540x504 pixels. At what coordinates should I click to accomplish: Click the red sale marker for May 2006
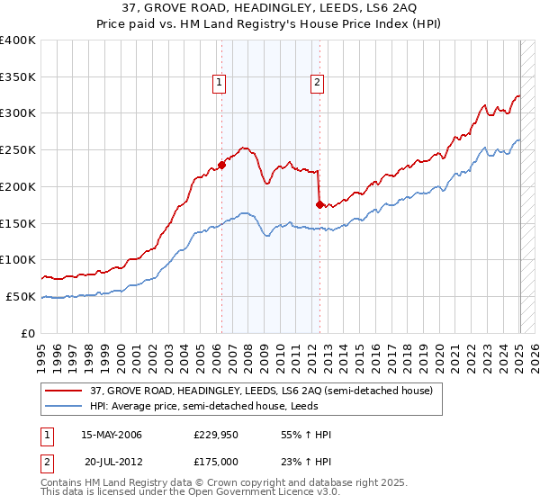point(221,165)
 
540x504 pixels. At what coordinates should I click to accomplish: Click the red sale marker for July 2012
point(319,204)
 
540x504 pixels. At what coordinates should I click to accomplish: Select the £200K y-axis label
point(18,186)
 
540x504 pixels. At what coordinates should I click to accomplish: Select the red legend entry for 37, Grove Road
point(261,391)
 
